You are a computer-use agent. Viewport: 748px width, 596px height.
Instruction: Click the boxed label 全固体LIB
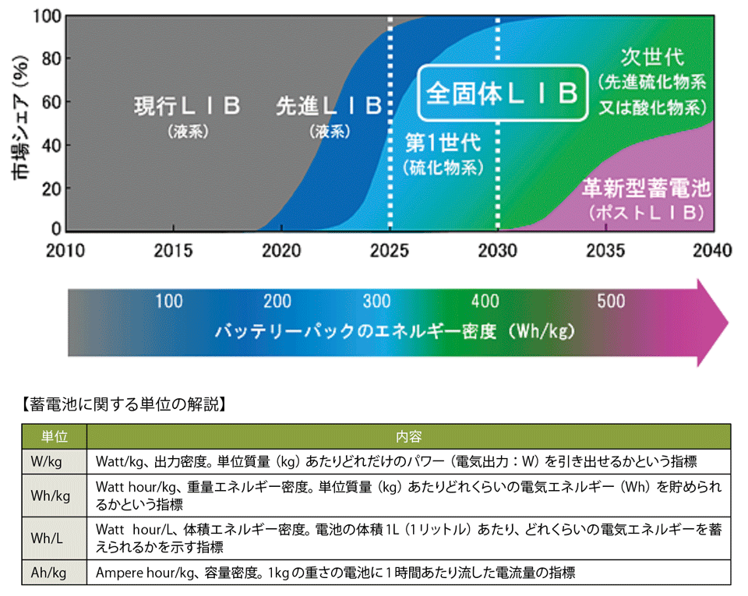click(x=503, y=93)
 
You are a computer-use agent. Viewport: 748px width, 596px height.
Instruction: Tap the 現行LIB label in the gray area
click(x=187, y=106)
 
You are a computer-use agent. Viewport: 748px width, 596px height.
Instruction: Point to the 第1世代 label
click(x=443, y=143)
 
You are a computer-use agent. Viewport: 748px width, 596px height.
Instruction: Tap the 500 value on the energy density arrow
click(x=610, y=302)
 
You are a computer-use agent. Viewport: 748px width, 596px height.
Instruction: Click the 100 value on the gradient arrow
click(x=169, y=302)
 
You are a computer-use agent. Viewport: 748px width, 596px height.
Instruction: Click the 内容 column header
click(x=408, y=436)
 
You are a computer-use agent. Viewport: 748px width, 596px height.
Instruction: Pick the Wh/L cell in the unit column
click(x=48, y=537)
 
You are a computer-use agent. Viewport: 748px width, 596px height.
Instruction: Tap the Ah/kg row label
click(x=49, y=573)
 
